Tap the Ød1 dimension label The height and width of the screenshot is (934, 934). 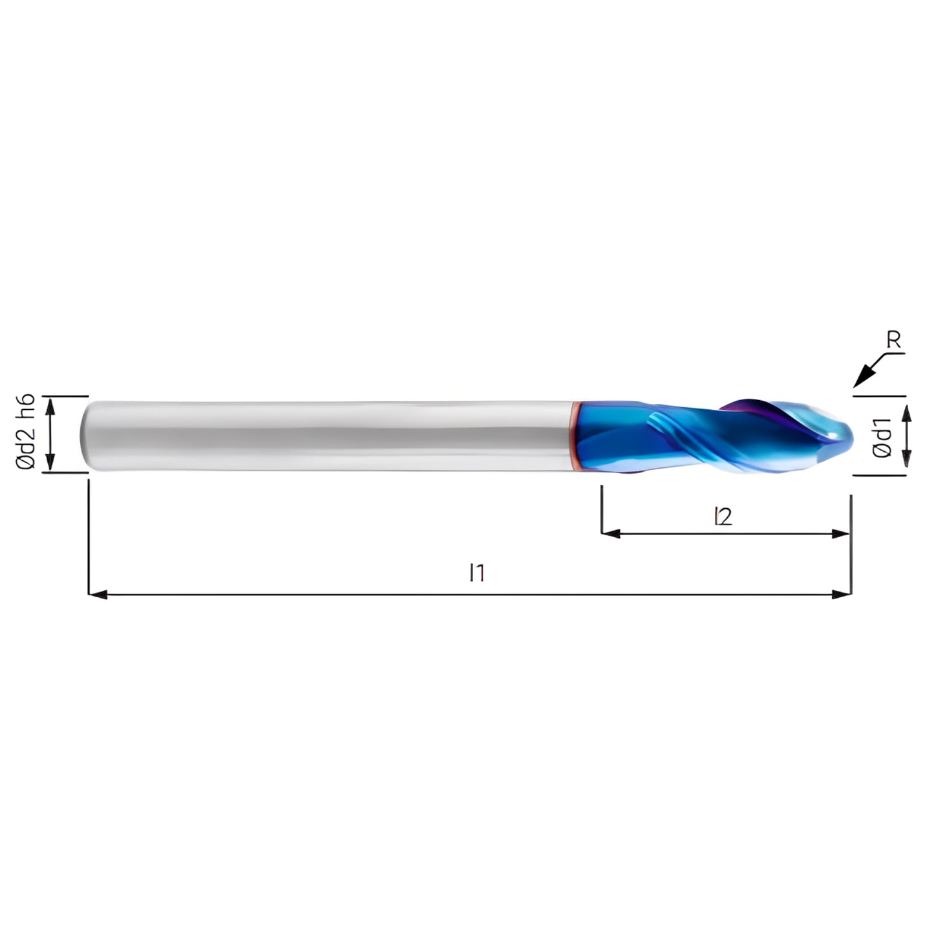click(881, 437)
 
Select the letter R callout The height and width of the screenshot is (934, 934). click(893, 341)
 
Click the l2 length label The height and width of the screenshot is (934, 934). click(723, 516)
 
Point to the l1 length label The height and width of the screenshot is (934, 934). click(477, 573)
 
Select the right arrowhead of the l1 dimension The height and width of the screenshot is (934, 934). click(842, 594)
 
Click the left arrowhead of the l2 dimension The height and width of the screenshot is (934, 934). click(611, 534)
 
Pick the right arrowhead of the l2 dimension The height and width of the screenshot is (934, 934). click(840, 534)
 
